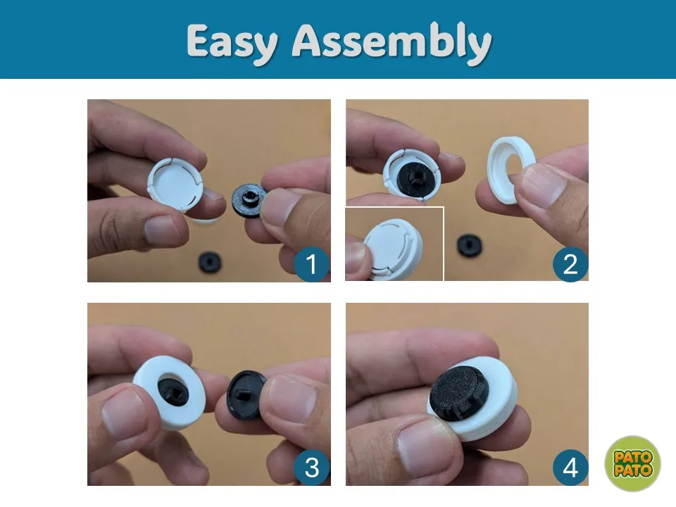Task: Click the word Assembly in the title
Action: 392,42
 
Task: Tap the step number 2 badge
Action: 570,265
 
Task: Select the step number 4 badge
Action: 570,468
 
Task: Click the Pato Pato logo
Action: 632,463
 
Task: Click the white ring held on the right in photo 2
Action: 509,169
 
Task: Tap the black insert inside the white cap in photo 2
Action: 410,176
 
